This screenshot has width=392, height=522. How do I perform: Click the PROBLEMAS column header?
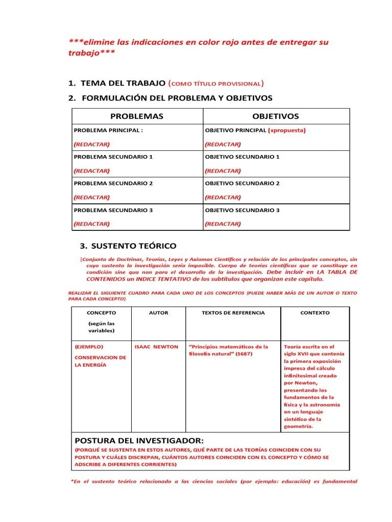tap(137, 116)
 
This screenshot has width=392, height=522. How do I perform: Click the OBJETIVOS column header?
tap(276, 116)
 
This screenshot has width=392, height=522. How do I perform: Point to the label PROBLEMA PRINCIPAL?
tap(109, 130)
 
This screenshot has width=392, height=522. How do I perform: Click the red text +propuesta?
tap(287, 130)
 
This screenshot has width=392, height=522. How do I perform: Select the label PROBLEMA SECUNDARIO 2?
tap(113, 183)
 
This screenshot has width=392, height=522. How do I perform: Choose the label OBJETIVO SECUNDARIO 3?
tap(242, 210)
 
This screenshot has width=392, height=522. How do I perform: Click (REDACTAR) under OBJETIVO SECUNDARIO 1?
tap(223, 170)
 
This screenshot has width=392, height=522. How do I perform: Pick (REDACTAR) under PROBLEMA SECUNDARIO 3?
tap(92, 223)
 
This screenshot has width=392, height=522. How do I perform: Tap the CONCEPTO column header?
tap(101, 312)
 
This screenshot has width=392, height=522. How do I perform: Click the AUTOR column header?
tap(158, 312)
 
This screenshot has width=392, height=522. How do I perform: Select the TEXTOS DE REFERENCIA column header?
tap(233, 312)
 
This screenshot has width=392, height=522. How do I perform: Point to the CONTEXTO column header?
tap(315, 312)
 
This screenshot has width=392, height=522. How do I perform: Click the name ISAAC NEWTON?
tap(156, 347)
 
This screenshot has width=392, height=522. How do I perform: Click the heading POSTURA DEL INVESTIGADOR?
tap(139, 440)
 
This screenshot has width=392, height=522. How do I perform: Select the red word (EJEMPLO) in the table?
tap(89, 347)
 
